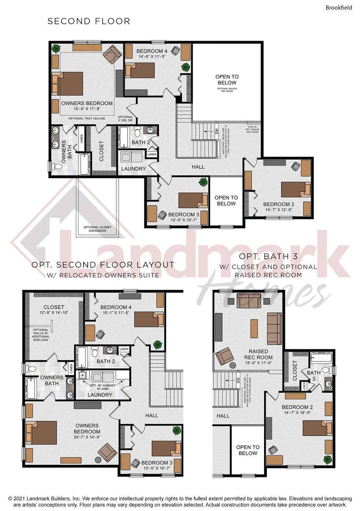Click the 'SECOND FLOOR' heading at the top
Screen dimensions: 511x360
pyautogui.click(x=89, y=21)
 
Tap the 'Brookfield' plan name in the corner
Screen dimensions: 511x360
pyautogui.click(x=339, y=7)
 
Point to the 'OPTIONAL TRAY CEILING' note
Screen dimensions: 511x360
pyautogui.click(x=87, y=119)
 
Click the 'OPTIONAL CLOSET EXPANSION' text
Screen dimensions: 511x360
pyautogui.click(x=97, y=229)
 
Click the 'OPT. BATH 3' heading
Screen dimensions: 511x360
pyautogui.click(x=268, y=256)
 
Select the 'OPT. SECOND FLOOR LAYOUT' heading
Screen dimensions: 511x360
pyautogui.click(x=103, y=265)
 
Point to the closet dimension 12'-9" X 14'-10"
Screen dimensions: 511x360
pyautogui.click(x=54, y=312)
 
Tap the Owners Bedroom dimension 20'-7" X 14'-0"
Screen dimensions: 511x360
pyautogui.click(x=87, y=437)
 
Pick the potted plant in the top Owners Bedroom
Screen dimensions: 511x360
pyautogui.click(x=55, y=48)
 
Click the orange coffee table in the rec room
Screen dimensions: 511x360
pyautogui.click(x=254, y=328)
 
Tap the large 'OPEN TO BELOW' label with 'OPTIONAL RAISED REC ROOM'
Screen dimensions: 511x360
pyautogui.click(x=227, y=80)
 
